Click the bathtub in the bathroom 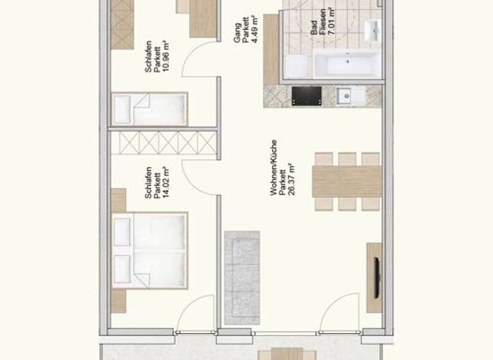(x=347, y=66)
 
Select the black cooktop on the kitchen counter (x=306, y=96)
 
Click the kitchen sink (x=345, y=96)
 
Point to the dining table (x=347, y=181)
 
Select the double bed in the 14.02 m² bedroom (x=150, y=250)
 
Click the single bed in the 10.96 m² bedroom (x=150, y=109)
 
